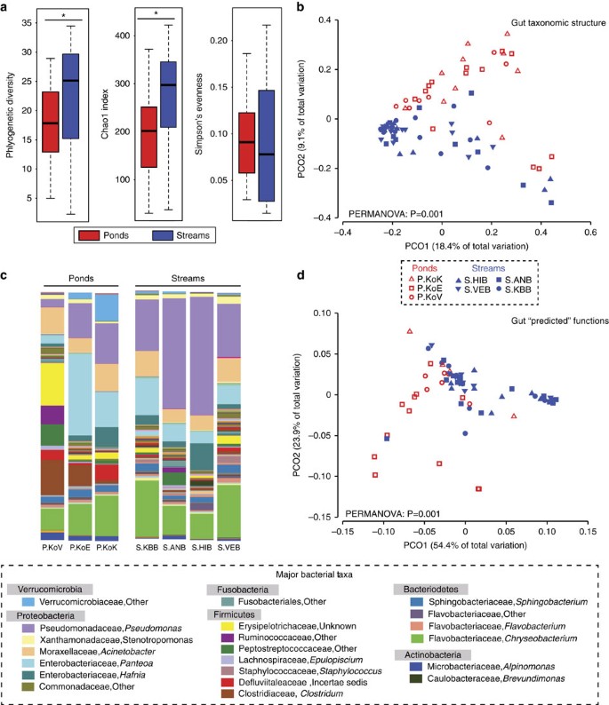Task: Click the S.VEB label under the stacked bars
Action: coord(229,549)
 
